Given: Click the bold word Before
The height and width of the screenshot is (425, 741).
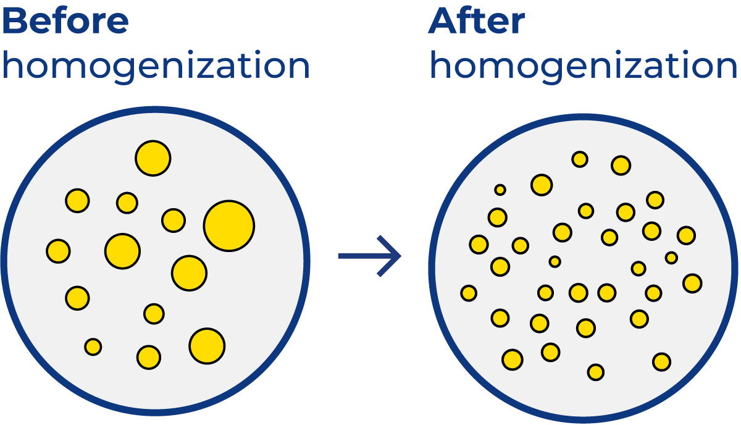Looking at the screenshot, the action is coord(65,20).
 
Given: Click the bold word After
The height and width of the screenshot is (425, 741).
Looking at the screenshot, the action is coord(477,20).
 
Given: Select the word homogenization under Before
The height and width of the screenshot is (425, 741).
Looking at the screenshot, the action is coord(156,66).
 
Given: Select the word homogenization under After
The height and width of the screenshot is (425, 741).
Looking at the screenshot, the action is coord(584,66).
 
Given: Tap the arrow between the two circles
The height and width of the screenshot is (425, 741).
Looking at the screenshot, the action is coord(370,256).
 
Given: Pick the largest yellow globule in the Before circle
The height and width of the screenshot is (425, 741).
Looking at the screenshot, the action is coord(229,226).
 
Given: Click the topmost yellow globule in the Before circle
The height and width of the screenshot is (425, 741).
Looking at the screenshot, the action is coord(153,158).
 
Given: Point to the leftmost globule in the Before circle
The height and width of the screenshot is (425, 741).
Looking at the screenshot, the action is coord(58,251).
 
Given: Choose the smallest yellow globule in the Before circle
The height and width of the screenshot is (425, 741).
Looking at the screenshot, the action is coord(93,347).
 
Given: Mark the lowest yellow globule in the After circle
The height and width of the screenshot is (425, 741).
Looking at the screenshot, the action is coord(596,372).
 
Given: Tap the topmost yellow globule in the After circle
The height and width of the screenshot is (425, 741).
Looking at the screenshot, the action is coord(580,159).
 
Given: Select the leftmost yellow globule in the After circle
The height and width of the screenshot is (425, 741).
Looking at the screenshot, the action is coord(469,293).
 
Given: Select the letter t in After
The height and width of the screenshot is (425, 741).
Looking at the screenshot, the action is coord(479,22).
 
